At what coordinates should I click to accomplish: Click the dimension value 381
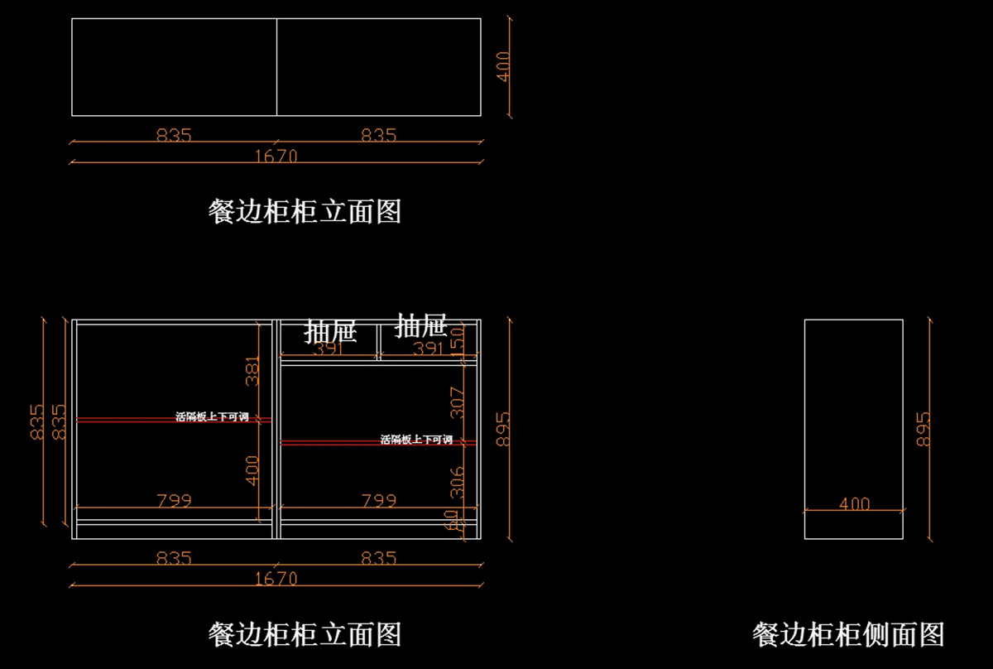[253, 372]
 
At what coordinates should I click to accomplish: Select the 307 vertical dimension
[458, 402]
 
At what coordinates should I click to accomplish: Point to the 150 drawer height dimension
[458, 338]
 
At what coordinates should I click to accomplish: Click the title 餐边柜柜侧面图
[848, 635]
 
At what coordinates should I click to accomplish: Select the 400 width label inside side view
[854, 503]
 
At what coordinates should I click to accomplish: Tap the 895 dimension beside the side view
[924, 429]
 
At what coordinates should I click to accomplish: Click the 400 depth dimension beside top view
[504, 67]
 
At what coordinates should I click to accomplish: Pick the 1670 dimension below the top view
[276, 156]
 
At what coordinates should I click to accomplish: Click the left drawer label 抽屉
[331, 332]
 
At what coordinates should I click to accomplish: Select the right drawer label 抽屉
[422, 325]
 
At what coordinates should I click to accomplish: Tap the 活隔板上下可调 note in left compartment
[212, 417]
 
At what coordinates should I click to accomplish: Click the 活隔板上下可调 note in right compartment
[416, 440]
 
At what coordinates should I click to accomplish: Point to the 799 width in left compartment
[174, 500]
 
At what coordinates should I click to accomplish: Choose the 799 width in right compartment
[378, 500]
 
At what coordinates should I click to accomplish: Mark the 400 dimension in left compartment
[253, 469]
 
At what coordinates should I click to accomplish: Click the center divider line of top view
[276, 67]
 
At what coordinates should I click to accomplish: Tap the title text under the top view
[305, 212]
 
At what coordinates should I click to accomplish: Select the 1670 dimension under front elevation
[276, 579]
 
